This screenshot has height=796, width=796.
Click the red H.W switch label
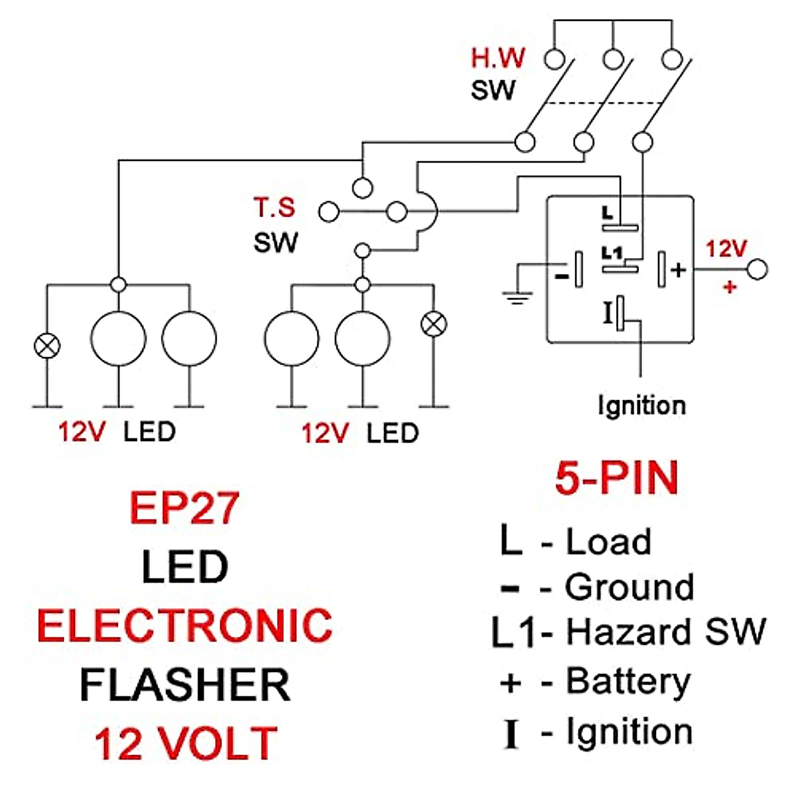[497, 58]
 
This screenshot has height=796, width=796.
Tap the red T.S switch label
[274, 208]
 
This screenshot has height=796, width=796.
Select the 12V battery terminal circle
[757, 269]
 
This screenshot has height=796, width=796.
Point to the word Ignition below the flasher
[641, 405]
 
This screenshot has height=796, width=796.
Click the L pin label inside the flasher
[608, 213]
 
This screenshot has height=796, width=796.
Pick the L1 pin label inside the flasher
[612, 253]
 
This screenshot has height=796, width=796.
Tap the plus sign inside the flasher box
[678, 269]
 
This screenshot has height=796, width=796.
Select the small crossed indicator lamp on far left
[47, 346]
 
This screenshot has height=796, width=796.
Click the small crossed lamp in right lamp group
[434, 324]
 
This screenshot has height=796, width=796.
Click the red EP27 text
[184, 508]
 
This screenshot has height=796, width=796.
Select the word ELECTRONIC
[184, 626]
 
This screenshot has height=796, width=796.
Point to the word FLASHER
[184, 685]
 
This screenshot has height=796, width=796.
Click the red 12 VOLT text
[185, 743]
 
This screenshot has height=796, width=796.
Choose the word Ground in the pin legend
[629, 587]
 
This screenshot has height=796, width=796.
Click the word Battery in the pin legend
[628, 682]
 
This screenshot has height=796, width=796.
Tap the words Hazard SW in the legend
[665, 631]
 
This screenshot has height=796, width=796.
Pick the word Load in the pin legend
[608, 541]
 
